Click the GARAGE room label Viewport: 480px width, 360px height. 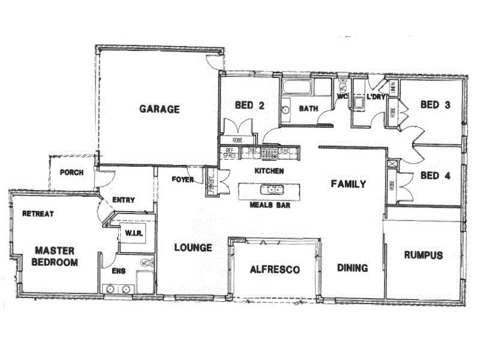point(160,109)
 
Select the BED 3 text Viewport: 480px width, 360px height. point(435,104)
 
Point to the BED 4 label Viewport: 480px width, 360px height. point(435,176)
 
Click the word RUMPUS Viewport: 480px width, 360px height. point(423,255)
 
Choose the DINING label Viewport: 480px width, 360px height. point(352,268)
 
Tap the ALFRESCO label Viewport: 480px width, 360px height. point(274,269)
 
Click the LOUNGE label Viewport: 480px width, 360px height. point(193,247)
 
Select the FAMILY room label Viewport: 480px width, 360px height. point(349,184)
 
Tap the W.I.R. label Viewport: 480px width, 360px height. point(133,233)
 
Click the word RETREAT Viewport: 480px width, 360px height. point(38,214)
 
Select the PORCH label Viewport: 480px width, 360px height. point(71,172)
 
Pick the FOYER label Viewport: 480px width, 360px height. point(182,179)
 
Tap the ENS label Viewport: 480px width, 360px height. point(119,271)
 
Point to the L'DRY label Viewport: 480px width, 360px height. point(376,97)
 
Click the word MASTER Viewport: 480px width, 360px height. point(53,250)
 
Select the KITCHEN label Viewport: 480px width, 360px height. point(269,171)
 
